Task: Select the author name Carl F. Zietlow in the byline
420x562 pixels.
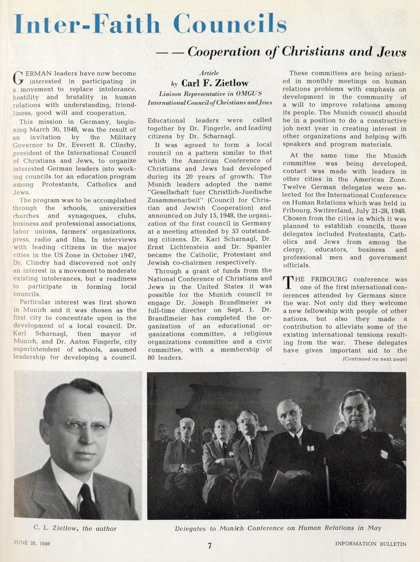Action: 215,83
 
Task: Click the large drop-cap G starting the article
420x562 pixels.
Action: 18,77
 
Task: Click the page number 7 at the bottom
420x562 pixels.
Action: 209,546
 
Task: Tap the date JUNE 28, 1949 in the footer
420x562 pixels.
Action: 32,542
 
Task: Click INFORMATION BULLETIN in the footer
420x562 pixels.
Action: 371,544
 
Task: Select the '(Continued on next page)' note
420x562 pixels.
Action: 375,359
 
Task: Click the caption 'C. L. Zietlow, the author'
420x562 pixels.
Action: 75,529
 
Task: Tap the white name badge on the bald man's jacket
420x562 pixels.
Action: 311,448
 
